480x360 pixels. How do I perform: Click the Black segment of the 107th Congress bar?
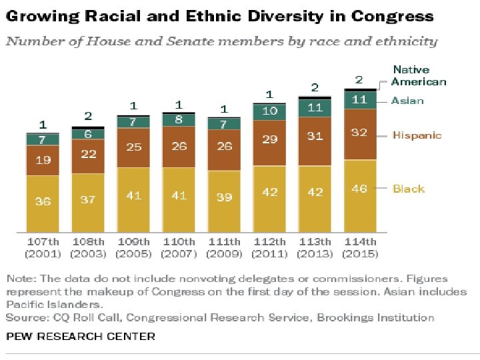point(43,201)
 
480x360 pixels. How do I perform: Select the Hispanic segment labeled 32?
point(360,133)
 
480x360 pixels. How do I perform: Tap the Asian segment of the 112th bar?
point(269,111)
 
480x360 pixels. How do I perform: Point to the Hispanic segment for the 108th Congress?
point(88,155)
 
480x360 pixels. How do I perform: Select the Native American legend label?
point(418,75)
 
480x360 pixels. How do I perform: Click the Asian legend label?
point(407,101)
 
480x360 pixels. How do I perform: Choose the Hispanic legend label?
point(417,135)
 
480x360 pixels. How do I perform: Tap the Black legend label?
point(409,189)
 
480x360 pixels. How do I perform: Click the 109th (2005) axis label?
point(133,247)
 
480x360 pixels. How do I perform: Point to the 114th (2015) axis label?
point(360,247)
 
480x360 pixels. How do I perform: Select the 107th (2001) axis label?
point(43,247)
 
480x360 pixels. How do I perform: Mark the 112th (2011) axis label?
point(269,247)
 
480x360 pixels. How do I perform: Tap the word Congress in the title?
point(393,16)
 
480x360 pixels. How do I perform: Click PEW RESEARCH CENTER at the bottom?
point(81,336)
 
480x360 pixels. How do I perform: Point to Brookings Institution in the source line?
point(375,317)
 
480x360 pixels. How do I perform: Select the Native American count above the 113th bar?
point(315,87)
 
